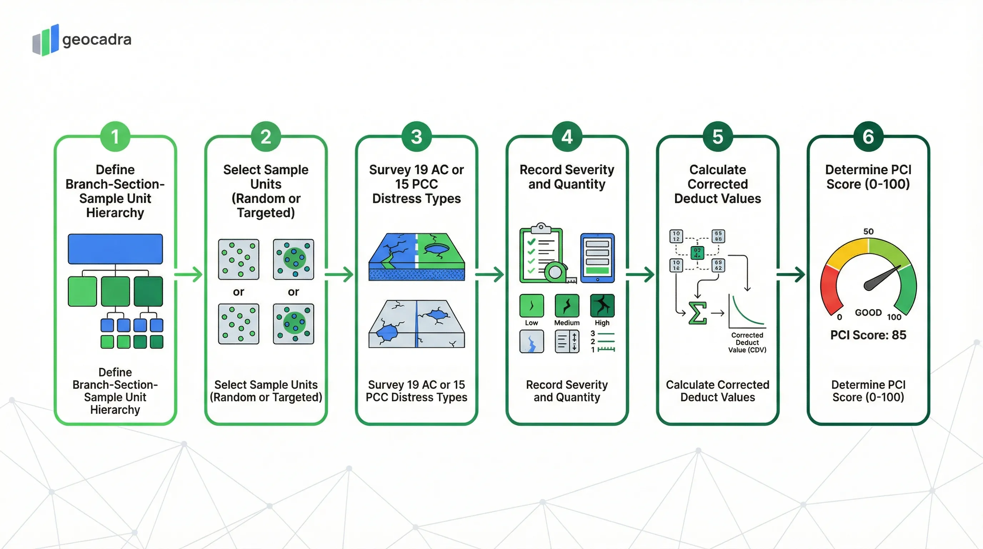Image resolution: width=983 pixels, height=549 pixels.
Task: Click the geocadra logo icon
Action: point(46,40)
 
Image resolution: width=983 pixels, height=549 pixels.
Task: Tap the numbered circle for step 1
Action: point(115,137)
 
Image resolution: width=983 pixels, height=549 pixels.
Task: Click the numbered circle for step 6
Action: point(868,137)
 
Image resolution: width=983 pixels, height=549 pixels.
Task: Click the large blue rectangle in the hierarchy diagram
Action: point(115,249)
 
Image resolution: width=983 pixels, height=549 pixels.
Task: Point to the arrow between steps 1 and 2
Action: point(189,274)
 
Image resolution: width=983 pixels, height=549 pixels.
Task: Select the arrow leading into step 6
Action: point(791,274)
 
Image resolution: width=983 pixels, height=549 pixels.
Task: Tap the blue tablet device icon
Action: point(597,258)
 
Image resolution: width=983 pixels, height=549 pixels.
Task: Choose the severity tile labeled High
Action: point(602,306)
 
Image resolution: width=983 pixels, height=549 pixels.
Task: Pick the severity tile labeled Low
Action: point(531,306)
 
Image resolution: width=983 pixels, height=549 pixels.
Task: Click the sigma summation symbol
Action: point(697,313)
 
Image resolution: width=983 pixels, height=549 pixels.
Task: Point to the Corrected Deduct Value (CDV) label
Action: point(747,342)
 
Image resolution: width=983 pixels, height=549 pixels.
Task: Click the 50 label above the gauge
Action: point(868,231)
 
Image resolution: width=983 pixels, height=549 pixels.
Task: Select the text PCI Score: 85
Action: point(868,335)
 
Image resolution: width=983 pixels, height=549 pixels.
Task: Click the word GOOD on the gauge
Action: point(868,313)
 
